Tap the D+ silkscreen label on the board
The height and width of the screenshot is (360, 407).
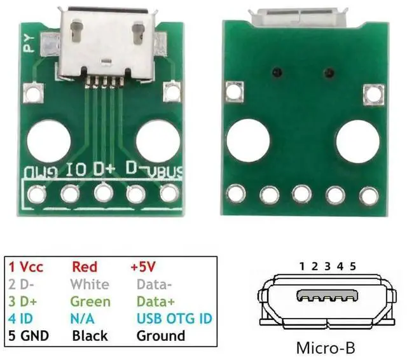pos(104,169)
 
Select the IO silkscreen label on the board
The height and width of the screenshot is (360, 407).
pos(76,170)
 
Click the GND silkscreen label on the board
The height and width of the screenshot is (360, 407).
pos(42,171)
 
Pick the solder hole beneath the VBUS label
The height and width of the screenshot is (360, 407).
pos(168,193)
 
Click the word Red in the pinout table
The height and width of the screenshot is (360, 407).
pos(85,267)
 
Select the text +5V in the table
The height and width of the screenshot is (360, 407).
pos(142,267)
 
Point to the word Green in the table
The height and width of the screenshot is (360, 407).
pos(90,301)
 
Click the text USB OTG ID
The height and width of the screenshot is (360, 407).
pos(174,318)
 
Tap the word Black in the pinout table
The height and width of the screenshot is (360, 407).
pos(90,335)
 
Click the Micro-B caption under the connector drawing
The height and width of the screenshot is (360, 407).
pos(325,348)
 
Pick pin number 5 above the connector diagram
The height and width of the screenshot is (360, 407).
pos(352,265)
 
